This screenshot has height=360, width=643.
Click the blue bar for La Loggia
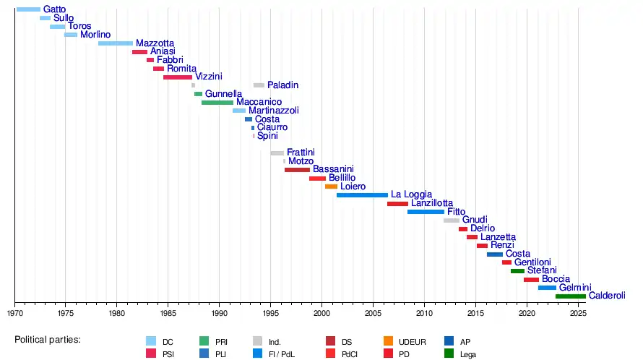(362, 195)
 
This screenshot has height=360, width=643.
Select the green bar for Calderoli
(570, 296)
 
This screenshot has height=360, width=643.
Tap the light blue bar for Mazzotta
(116, 43)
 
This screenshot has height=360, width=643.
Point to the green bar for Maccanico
(217, 103)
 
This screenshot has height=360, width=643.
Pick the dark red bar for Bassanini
(297, 170)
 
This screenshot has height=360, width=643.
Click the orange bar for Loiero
(331, 187)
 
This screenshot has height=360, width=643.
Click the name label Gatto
(55, 9)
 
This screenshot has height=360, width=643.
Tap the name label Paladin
(282, 85)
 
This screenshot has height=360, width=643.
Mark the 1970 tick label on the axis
(15, 314)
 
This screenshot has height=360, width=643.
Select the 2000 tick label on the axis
(321, 314)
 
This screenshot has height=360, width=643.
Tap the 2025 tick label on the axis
(577, 314)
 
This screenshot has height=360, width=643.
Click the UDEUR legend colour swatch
(388, 341)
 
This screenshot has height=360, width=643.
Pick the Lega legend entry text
(468, 354)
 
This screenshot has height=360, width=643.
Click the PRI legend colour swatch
(204, 341)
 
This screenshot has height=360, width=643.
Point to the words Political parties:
(48, 339)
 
